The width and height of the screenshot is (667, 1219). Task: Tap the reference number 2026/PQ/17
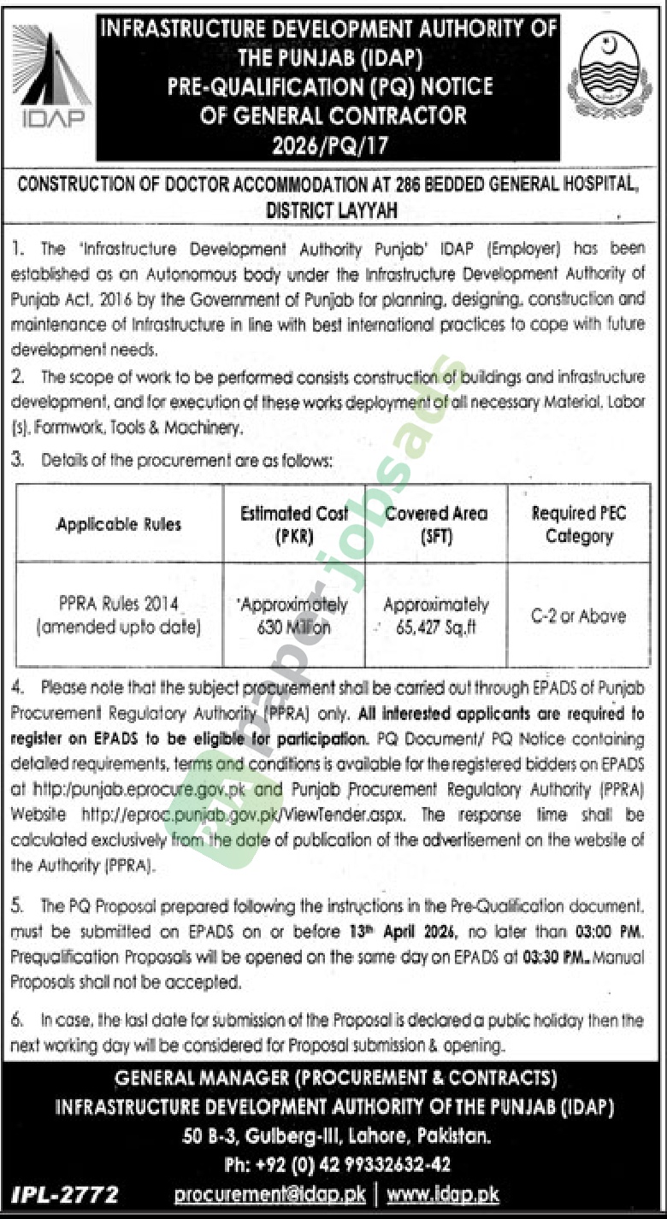point(329,144)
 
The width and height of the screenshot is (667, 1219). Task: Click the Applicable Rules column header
point(119,524)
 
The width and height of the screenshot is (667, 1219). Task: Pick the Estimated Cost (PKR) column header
point(294,524)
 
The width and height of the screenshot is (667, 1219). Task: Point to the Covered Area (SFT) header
point(436,524)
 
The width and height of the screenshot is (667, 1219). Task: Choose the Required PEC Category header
point(579,524)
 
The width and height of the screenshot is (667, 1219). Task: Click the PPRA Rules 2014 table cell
point(119,615)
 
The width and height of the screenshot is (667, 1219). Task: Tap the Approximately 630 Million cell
point(294,615)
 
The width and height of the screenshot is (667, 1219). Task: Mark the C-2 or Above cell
point(579,615)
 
